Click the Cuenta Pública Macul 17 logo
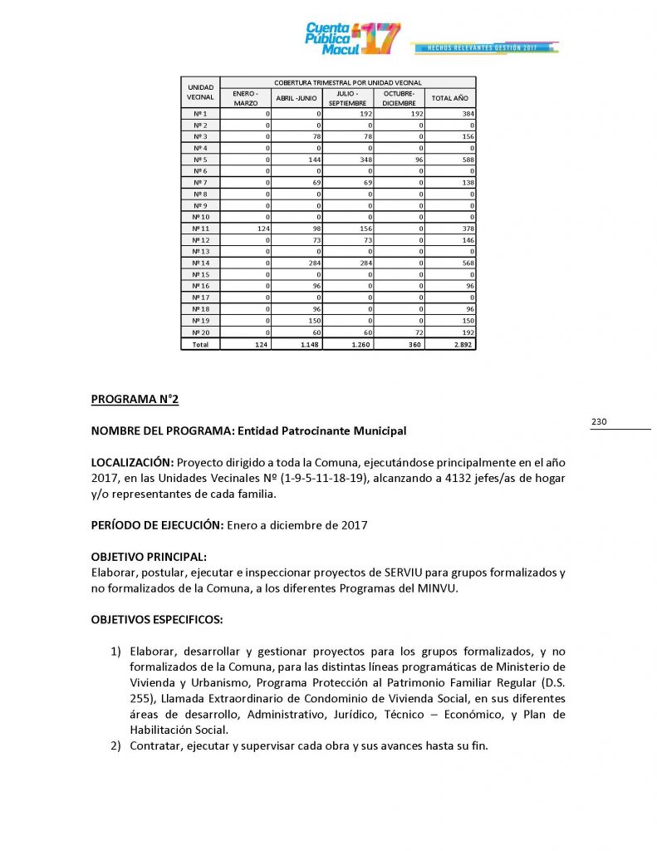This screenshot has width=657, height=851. point(353,38)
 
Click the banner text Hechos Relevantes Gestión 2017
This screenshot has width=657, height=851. point(483,48)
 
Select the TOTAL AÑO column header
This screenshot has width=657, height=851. point(449,98)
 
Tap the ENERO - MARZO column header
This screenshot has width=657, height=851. point(246,98)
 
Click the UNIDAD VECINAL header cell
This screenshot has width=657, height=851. point(200,92)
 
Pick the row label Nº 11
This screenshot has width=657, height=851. point(200,228)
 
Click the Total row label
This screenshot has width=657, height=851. point(200,343)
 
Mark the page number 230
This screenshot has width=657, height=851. point(599,422)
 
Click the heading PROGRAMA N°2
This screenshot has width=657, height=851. point(135,399)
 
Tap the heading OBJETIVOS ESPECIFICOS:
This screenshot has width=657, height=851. point(156,620)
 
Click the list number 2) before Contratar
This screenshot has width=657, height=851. point(117,745)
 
